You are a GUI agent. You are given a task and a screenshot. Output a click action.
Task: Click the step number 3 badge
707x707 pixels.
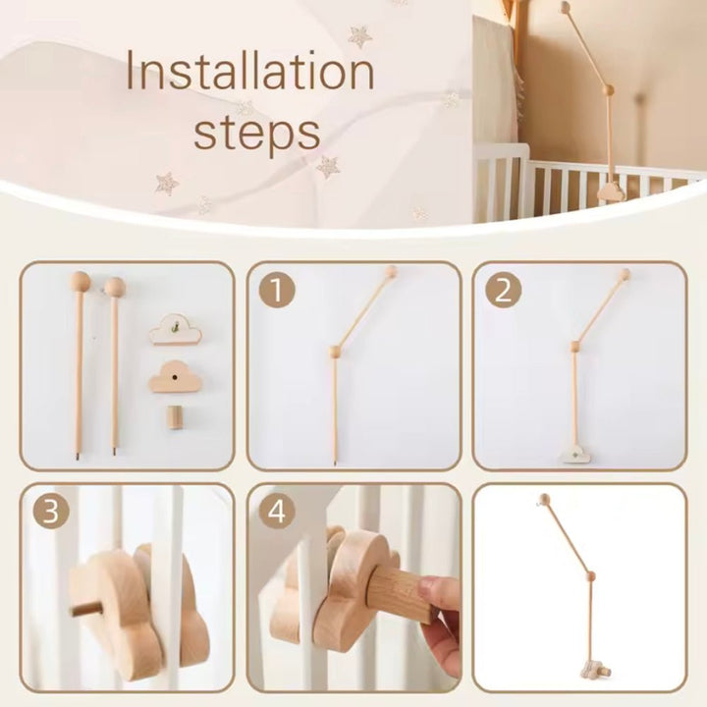pos(51,513)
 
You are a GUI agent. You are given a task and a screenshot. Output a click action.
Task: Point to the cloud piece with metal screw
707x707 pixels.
pos(176,331)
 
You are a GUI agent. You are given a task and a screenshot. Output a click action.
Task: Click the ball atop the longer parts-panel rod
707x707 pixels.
pos(80,282)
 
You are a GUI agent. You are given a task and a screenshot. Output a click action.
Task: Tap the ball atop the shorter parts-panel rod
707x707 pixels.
pos(115,287)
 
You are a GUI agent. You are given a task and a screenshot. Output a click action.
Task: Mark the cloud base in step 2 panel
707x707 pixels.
pos(573,454)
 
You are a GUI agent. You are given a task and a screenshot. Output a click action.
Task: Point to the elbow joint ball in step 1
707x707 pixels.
pos(335,351)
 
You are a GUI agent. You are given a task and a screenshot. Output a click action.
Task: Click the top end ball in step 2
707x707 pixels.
pos(623,275)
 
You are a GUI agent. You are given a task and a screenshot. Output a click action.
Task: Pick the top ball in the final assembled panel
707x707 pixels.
pos(542,500)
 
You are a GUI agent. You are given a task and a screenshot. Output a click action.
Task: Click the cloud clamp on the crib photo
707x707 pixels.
pos(610,190)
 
